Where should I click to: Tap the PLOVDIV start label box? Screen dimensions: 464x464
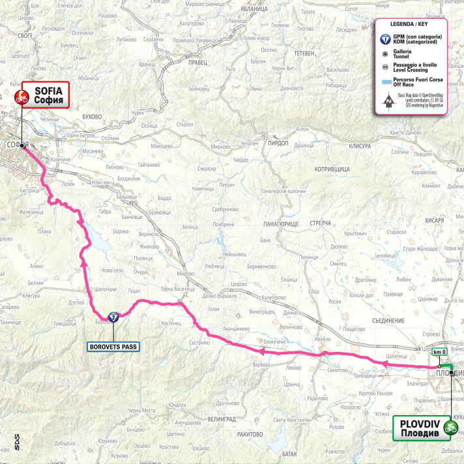[x=422, y=428]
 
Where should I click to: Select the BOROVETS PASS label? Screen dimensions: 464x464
[x=113, y=347]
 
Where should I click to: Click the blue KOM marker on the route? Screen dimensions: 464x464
[x=113, y=317]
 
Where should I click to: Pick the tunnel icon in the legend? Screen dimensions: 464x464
[x=386, y=55]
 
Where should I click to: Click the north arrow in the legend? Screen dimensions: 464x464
[x=386, y=100]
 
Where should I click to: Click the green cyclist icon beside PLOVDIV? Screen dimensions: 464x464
[x=450, y=428]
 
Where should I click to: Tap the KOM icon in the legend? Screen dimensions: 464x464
[x=386, y=38]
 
